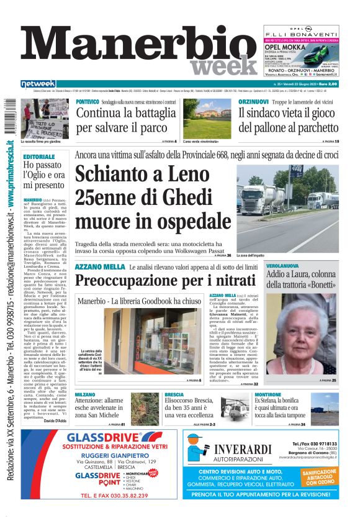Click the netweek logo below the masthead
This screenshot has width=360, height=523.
38,83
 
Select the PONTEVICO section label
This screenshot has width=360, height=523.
88,101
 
